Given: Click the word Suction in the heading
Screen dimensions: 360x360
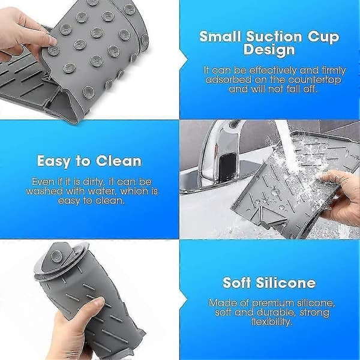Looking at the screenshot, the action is tap(274, 37).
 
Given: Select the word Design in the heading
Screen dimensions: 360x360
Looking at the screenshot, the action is tap(269, 50).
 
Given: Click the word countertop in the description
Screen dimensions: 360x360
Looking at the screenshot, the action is tap(314, 80).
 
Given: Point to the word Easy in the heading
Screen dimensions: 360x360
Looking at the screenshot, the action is tap(54, 161).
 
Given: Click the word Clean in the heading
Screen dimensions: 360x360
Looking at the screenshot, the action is tap(118, 161).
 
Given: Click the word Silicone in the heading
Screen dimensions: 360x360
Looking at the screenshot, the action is tap(286, 283).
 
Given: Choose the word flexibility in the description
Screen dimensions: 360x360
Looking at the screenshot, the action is tap(272, 322).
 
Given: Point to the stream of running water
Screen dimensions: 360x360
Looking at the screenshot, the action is tap(287, 147).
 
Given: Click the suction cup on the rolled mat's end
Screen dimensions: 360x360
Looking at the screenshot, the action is tap(56, 256).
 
